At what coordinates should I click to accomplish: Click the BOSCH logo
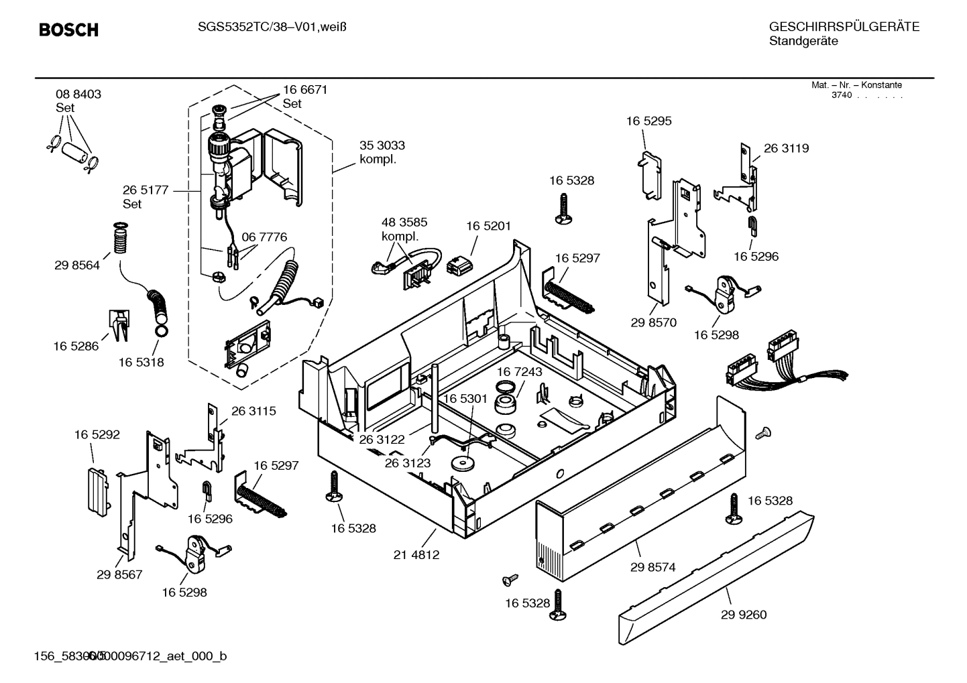68,30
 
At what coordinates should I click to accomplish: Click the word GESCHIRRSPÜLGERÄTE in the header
844,27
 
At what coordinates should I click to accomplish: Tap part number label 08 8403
78,95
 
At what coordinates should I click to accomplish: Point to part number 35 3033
382,145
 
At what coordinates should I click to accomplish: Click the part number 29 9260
744,615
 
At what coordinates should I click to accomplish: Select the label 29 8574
652,567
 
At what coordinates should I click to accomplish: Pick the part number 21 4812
416,555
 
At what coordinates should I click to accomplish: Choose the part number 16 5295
648,121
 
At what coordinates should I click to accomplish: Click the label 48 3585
404,223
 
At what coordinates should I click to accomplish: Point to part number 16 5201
488,226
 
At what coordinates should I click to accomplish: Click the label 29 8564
77,265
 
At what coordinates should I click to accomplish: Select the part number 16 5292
97,435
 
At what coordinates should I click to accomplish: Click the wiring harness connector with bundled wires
771,365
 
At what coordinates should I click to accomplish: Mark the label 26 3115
253,412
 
